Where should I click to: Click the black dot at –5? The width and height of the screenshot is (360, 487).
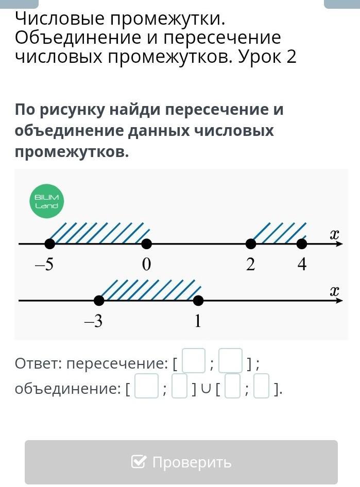point(49,243)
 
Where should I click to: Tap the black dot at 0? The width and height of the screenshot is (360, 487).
point(147,243)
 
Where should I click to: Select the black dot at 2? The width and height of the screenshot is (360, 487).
point(251,243)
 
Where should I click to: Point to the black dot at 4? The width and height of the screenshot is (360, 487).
point(302,243)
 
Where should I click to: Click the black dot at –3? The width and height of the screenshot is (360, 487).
point(99,300)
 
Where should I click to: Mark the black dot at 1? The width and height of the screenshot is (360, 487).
point(198,300)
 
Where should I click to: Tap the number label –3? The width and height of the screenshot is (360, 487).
point(93,321)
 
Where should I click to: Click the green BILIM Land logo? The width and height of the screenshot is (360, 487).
point(46,201)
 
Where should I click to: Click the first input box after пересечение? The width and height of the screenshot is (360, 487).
point(194,361)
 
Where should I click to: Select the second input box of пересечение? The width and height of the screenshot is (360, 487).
point(230,361)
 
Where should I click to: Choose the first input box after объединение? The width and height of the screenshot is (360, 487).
point(146,387)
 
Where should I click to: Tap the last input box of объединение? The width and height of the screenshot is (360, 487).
point(262,387)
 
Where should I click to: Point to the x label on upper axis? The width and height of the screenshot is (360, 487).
point(335,234)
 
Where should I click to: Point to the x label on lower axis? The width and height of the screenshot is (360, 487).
point(335,291)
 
